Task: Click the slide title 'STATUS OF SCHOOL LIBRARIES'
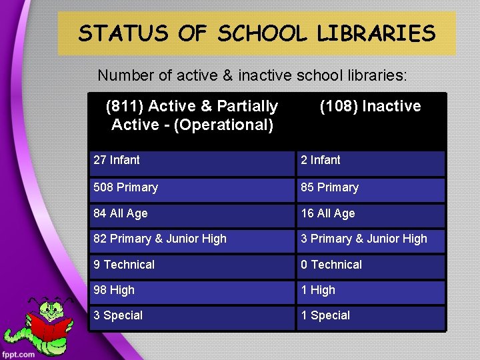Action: click(257, 33)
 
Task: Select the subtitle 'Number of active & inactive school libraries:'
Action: click(252, 75)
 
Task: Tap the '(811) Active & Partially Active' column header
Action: click(192, 115)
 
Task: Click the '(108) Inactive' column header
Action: click(371, 107)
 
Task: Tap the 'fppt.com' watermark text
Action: click(18, 354)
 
